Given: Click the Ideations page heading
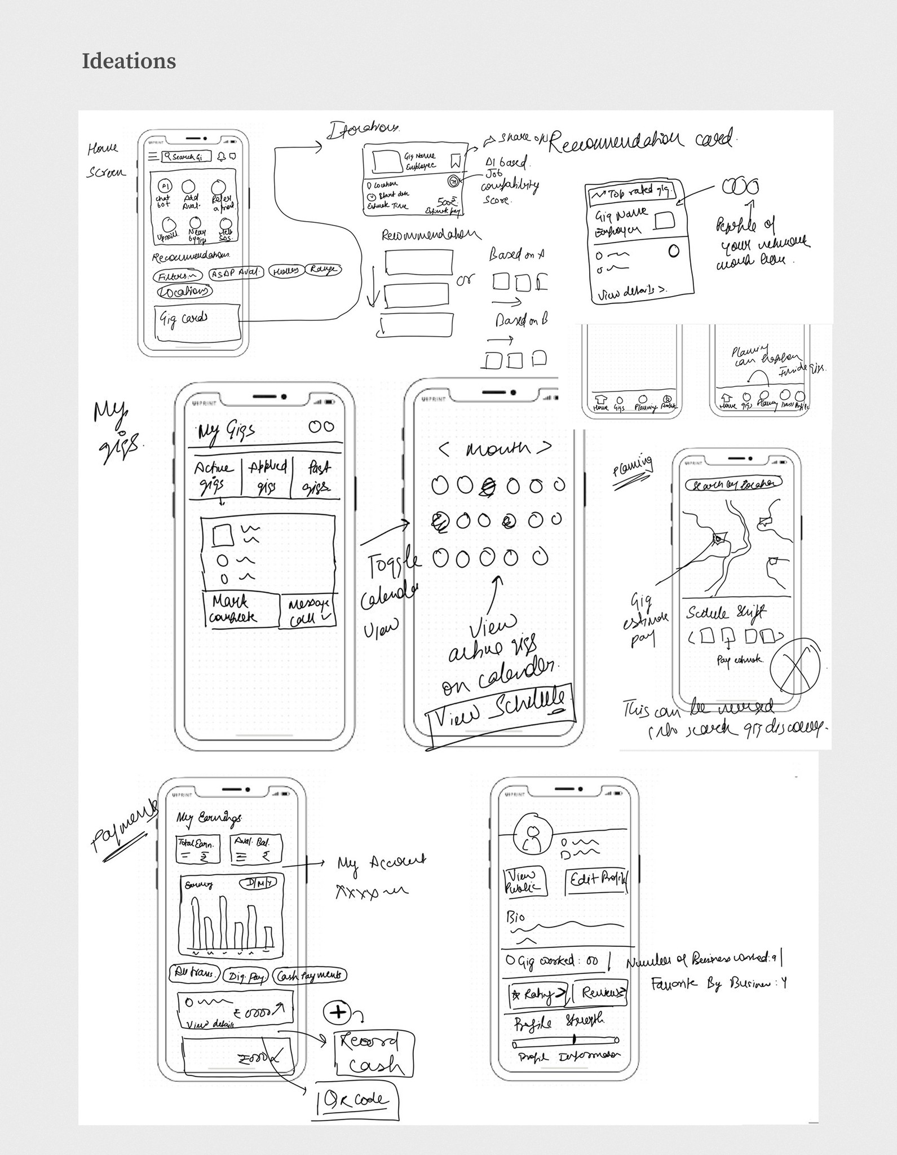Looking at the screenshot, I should tap(129, 61).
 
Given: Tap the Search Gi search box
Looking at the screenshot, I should tap(185, 157).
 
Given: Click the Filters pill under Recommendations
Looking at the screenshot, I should tap(177, 276).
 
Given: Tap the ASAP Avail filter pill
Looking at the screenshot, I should tap(236, 273).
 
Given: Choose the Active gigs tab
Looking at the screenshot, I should tap(213, 477).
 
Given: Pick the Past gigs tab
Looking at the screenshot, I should tap(317, 477).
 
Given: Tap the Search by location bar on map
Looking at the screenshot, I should tap(733, 484).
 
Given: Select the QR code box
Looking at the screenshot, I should tap(357, 1099).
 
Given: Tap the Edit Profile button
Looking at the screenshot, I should tap(596, 878).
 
